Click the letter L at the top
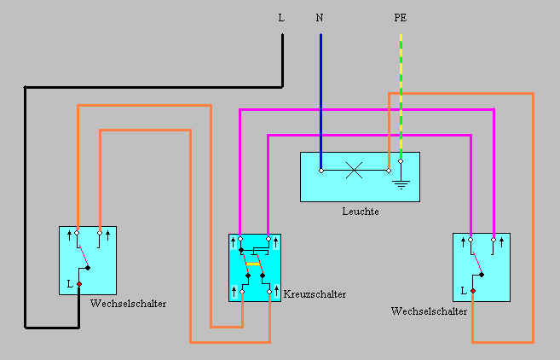(281, 17)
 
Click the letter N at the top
(320, 17)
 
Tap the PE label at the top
(401, 17)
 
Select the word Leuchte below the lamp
(360, 212)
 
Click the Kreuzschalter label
(315, 293)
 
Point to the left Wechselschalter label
(128, 304)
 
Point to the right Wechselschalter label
(430, 312)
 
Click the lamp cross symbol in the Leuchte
(355, 170)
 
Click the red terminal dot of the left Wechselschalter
(78, 283)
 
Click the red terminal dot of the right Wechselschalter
(472, 291)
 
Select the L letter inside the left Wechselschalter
(69, 283)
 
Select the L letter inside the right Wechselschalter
(463, 291)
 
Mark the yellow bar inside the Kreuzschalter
(252, 264)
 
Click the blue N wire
(320, 94)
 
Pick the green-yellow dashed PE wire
(401, 94)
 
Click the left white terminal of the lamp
(321, 170)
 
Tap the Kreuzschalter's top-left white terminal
(240, 238)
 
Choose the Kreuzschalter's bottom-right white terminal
(269, 292)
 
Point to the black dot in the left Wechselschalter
(88, 268)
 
